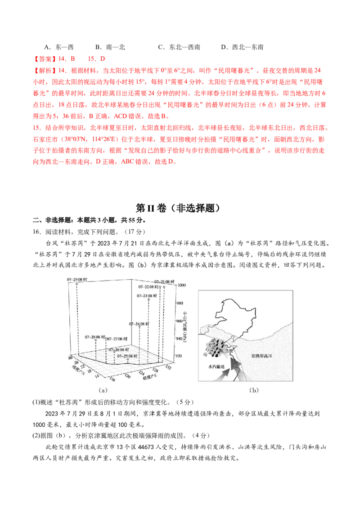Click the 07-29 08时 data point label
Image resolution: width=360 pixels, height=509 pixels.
(77, 279)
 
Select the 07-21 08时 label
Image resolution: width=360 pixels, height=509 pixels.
(161, 281)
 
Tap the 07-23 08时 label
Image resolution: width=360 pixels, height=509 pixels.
(148, 295)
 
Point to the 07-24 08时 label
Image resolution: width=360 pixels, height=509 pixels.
(139, 323)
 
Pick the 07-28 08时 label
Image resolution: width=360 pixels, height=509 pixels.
(95, 337)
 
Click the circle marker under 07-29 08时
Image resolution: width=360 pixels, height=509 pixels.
(77, 284)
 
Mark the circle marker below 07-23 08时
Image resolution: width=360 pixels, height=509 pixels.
(148, 299)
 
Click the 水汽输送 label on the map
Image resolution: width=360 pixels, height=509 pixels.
(216, 366)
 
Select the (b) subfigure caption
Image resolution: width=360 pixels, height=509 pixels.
(254, 390)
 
